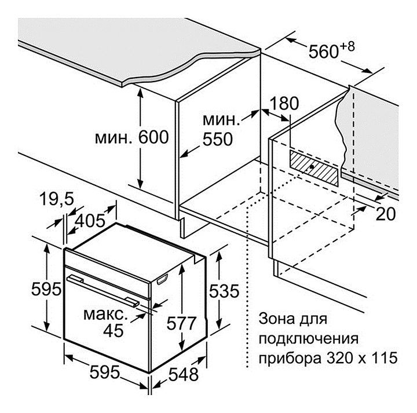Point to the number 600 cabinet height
153,138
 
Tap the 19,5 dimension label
57,200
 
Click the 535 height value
223,292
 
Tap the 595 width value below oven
105,371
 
